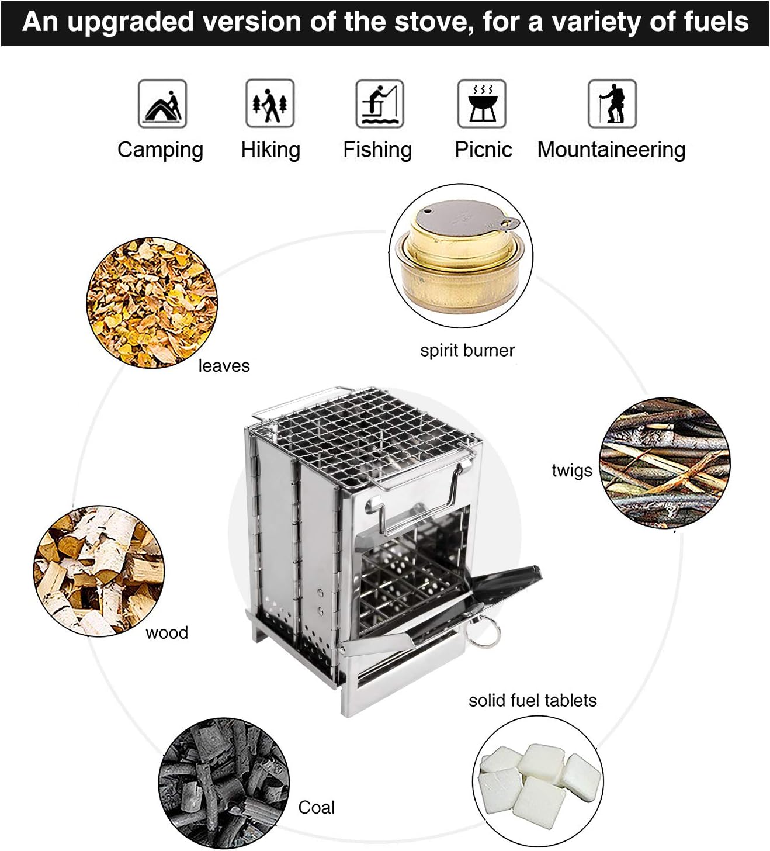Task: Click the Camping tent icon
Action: pyautogui.click(x=162, y=104)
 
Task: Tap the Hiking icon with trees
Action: pyautogui.click(x=269, y=104)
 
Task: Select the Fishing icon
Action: pyautogui.click(x=379, y=104)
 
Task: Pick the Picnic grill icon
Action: pyautogui.click(x=481, y=104)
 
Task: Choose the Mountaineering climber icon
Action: pyautogui.click(x=611, y=104)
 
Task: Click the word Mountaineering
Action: pyautogui.click(x=611, y=150)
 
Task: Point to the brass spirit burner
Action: pyautogui.click(x=460, y=255)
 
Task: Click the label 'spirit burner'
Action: pyautogui.click(x=467, y=350)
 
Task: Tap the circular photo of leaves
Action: pyautogui.click(x=152, y=302)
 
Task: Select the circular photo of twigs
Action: pyautogui.click(x=664, y=463)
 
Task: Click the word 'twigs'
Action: pyautogui.click(x=571, y=471)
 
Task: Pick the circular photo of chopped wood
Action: pyautogui.click(x=99, y=570)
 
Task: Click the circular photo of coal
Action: pyautogui.click(x=224, y=783)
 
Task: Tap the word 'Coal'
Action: pyautogui.click(x=316, y=807)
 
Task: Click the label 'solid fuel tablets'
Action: pyautogui.click(x=532, y=700)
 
